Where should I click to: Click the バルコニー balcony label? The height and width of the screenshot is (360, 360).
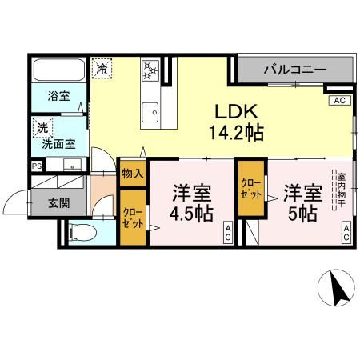pyautogui.click(x=295, y=70)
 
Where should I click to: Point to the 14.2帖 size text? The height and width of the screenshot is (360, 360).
pyautogui.click(x=233, y=132)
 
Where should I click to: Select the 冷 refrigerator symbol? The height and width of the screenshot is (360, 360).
pyautogui.click(x=102, y=69)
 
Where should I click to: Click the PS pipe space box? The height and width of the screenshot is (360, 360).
pyautogui.click(x=37, y=166)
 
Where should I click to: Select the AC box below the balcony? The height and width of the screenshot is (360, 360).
pyautogui.click(x=338, y=101)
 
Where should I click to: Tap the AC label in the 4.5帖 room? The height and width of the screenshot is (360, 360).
pyautogui.click(x=227, y=233)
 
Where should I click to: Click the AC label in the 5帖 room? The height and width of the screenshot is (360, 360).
pyautogui.click(x=347, y=233)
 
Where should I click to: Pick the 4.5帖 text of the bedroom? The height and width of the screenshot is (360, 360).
pyautogui.click(x=190, y=214)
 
